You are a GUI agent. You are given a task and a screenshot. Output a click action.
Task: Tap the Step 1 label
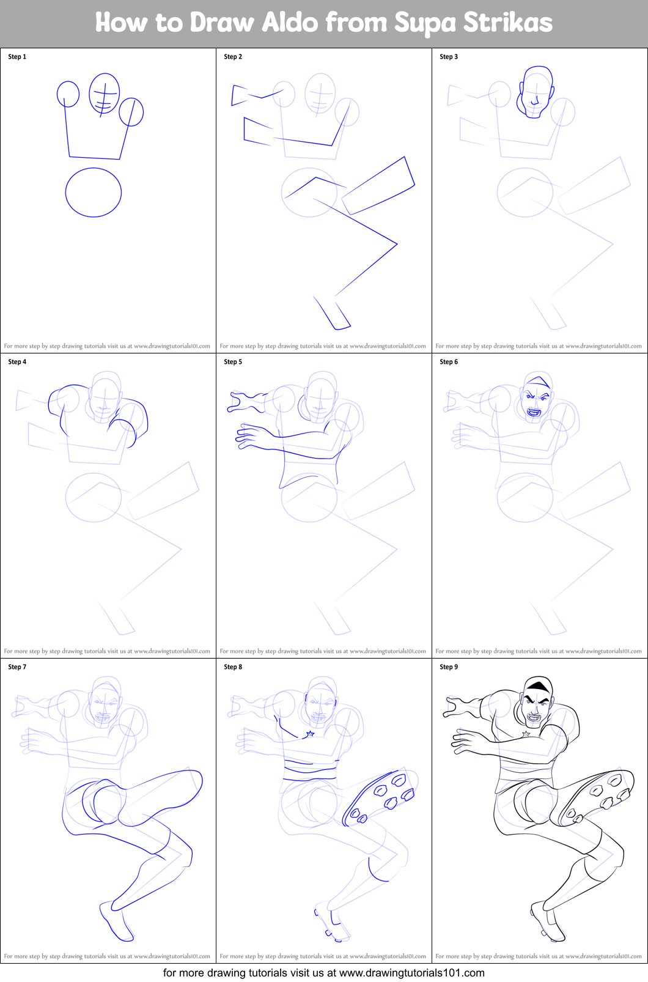(x=17, y=57)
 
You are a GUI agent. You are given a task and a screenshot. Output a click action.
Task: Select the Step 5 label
(x=233, y=362)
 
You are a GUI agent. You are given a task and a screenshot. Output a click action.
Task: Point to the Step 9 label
(x=449, y=667)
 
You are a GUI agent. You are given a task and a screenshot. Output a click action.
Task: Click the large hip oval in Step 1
(x=94, y=193)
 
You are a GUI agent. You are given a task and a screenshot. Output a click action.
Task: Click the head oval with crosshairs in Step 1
(x=104, y=94)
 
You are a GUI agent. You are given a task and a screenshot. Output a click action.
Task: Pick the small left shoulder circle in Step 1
(x=68, y=94)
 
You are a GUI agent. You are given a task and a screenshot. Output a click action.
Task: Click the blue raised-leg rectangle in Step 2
(x=378, y=185)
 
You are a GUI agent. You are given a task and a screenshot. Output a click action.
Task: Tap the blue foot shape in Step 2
(x=333, y=312)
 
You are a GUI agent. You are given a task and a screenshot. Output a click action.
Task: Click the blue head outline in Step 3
(x=536, y=92)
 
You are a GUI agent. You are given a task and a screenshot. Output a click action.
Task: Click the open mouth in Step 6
(x=534, y=412)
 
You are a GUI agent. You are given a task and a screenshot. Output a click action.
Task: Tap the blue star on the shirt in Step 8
(x=310, y=733)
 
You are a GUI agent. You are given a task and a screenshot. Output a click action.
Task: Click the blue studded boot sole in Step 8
(x=380, y=798)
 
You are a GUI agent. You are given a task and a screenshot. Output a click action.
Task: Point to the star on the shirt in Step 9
(x=526, y=733)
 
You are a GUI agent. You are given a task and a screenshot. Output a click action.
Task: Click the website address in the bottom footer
(x=411, y=973)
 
